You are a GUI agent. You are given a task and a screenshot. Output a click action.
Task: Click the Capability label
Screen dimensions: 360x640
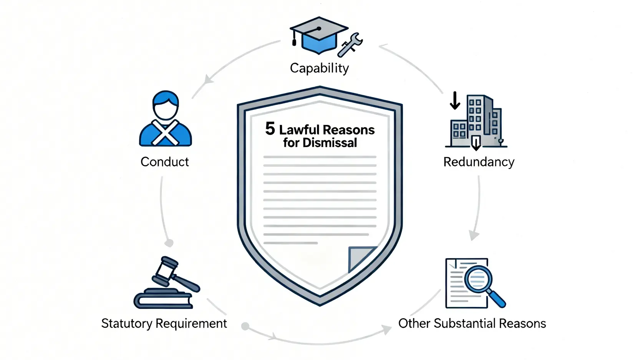319,68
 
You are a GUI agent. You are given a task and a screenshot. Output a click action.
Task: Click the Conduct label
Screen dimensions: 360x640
164,162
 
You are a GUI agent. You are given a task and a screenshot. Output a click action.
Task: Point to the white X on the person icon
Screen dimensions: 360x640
165,133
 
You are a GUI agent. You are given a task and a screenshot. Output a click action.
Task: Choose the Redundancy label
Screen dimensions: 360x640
479,162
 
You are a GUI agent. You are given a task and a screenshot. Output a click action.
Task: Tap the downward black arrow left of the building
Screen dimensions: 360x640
455,101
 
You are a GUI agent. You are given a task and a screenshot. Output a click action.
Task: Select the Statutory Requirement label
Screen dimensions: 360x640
164,324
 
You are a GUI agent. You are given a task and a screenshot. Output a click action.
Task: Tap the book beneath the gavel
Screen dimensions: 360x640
163,299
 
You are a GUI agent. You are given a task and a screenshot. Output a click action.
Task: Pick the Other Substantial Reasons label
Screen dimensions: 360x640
472,324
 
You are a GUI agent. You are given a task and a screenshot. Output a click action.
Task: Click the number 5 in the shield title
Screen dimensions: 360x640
270,129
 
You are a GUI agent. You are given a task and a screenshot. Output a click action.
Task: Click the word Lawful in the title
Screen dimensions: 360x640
299,130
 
